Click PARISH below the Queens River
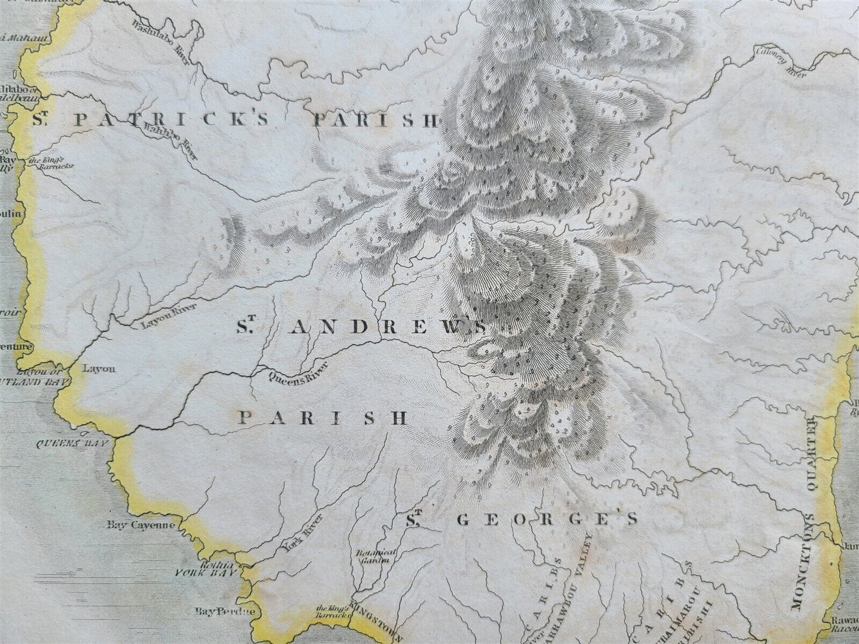323,417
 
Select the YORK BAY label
206,574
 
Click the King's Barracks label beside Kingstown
331,611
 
